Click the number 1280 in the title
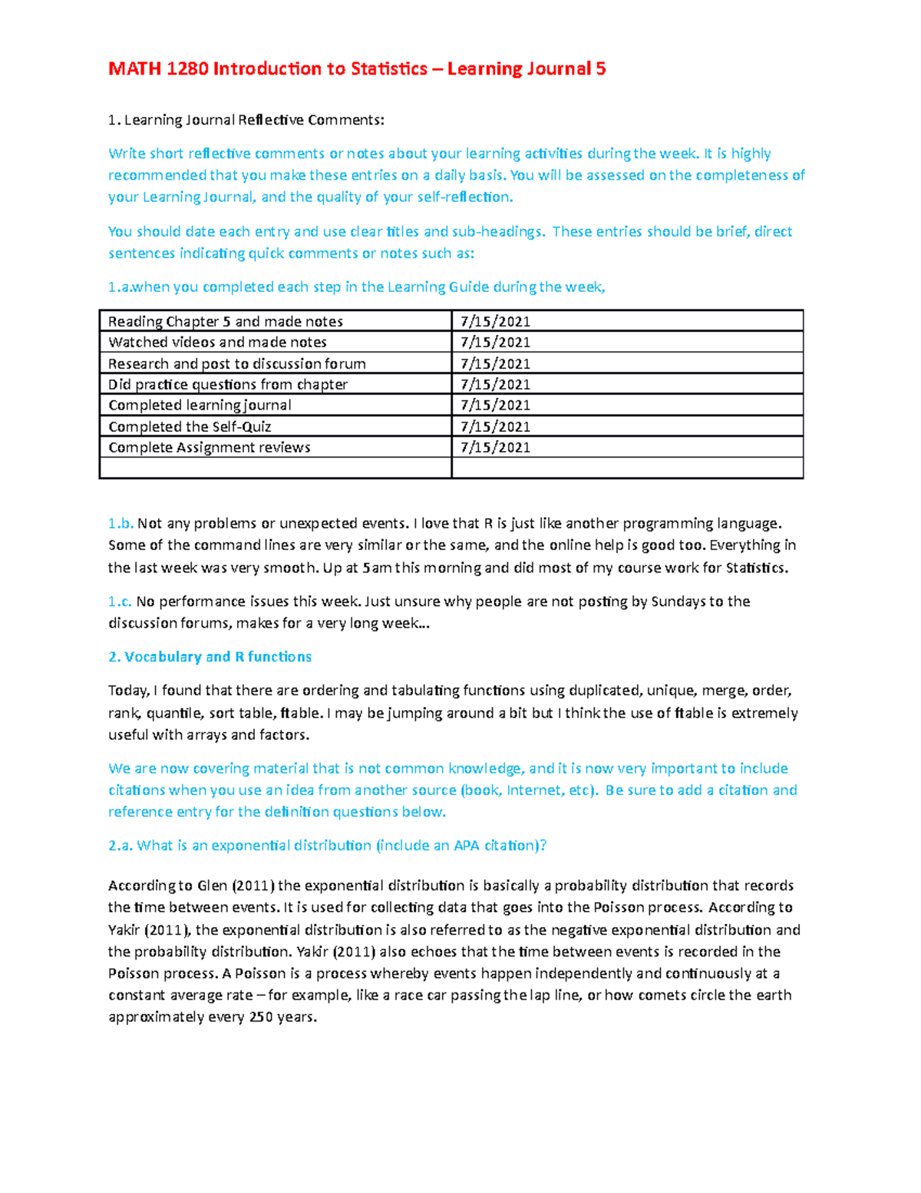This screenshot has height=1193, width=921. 187,69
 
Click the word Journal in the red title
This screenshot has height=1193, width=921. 484,69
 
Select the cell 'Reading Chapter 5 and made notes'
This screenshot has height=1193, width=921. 226,321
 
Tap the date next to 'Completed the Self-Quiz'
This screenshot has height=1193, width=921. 495,426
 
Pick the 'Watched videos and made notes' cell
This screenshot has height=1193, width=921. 217,342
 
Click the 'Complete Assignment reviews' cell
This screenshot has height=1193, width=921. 210,447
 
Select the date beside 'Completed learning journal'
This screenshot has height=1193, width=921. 495,405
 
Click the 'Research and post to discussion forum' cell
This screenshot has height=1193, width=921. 236,363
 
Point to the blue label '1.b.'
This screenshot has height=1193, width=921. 120,524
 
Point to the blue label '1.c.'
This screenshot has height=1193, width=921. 120,601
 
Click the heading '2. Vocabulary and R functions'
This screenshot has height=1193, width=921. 210,657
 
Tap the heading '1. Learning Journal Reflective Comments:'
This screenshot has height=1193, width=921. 246,120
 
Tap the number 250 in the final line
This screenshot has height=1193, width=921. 262,1017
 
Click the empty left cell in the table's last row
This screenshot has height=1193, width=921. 276,468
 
